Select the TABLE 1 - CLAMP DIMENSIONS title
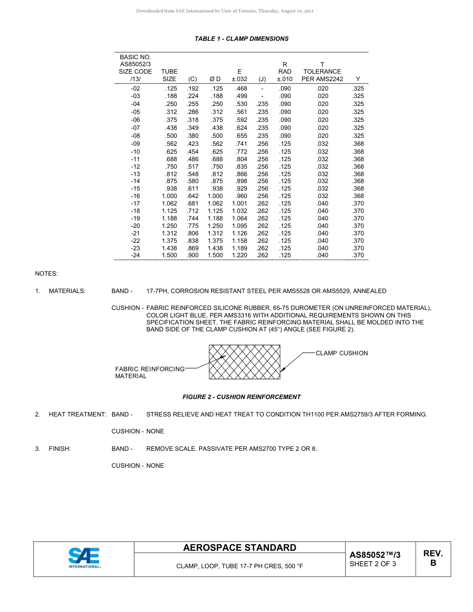click(241, 39)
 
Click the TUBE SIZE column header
click(169, 75)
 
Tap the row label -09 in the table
click(135, 144)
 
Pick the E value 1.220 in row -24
click(239, 255)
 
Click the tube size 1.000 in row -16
click(169, 196)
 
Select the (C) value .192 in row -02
click(192, 89)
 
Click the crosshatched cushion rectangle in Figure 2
click(244, 362)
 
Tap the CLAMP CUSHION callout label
click(342, 353)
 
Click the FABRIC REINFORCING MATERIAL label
click(149, 372)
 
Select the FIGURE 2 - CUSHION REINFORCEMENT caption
click(241, 397)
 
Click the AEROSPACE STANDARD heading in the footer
click(239, 548)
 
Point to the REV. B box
click(433, 558)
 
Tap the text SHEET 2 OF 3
click(373, 564)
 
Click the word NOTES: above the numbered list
click(46, 274)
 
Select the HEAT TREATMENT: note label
click(77, 414)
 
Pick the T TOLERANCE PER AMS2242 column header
click(322, 72)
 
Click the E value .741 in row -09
click(241, 144)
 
